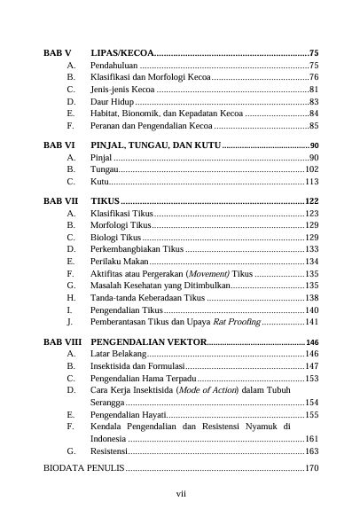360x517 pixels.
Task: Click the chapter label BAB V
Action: [58, 53]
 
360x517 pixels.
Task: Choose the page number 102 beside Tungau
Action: [311, 168]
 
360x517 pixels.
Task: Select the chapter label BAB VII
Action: [60, 201]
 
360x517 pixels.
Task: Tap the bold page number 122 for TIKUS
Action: [311, 201]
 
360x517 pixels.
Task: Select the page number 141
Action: [311, 323]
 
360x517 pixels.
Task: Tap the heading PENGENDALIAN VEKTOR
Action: [148, 342]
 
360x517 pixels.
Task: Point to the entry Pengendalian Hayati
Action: [127, 414]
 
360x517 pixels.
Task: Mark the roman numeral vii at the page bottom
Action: [180, 493]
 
